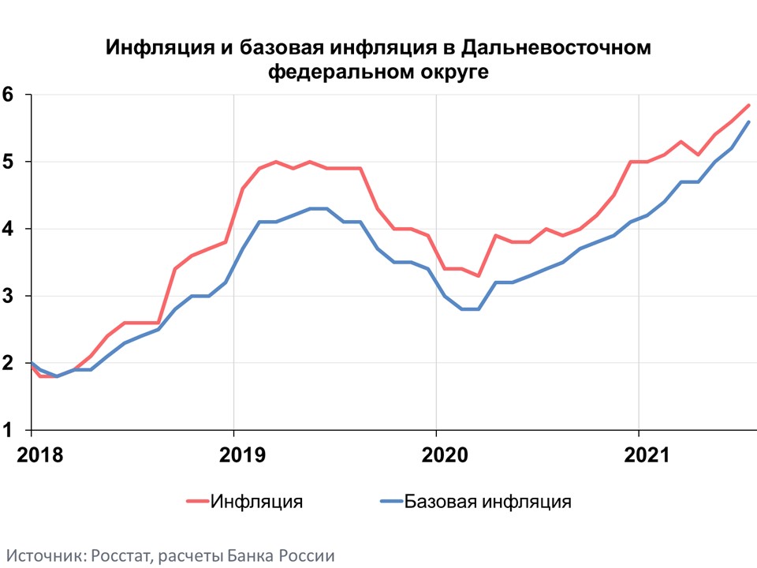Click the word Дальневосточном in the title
click(556, 48)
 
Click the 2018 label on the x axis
click(32, 455)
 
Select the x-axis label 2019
click(233, 455)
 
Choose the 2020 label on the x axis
click(436, 455)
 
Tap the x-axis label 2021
click(638, 455)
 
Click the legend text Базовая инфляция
click(487, 501)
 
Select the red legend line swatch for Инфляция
click(198, 501)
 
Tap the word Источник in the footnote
click(43, 555)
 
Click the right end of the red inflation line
click(748, 105)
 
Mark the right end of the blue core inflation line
click(748, 121)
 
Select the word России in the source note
click(308, 555)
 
